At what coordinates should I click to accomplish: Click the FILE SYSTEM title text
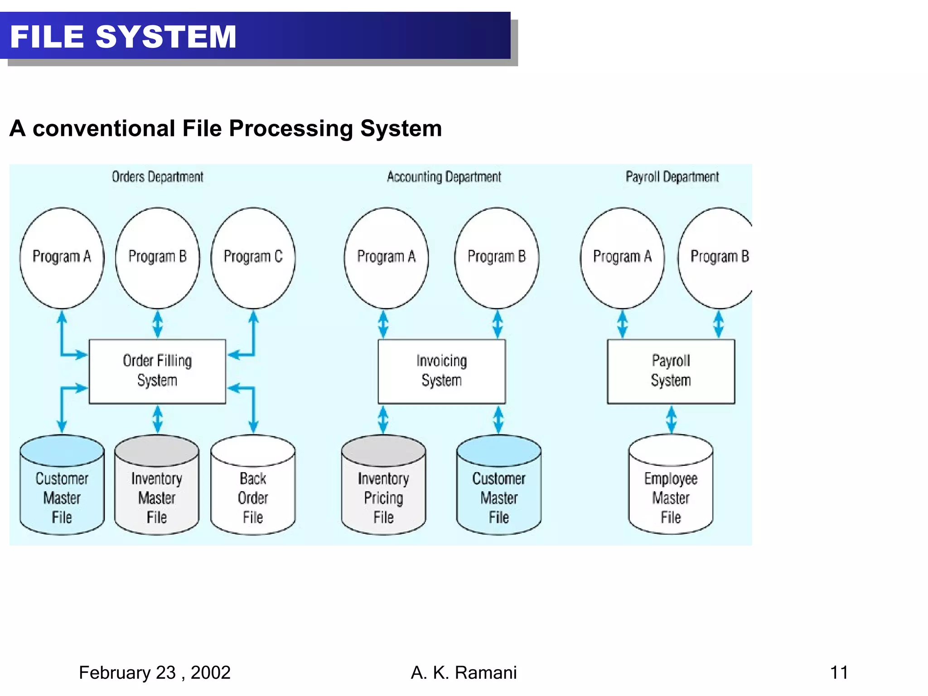tap(123, 37)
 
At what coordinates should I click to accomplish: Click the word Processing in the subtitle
tap(290, 129)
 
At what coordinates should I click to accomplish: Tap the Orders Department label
tap(157, 177)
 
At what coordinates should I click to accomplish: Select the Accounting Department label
tap(444, 177)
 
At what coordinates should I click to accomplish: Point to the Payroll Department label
tap(672, 177)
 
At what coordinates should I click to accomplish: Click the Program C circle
tap(253, 257)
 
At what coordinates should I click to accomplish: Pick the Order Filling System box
tap(157, 371)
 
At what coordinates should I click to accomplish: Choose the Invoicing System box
tap(441, 371)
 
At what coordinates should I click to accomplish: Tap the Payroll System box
tap(671, 371)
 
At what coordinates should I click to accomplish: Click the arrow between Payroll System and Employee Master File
tap(671, 420)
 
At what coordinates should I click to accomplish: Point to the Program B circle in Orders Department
tap(157, 257)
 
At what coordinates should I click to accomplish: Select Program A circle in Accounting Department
tap(386, 257)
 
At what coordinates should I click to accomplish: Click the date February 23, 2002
tap(155, 672)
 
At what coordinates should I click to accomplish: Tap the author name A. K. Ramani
tap(464, 672)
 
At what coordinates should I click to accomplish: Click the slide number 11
tap(839, 672)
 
